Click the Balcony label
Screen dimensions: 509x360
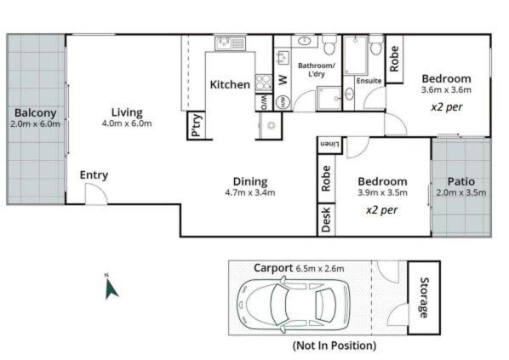pyautogui.click(x=36, y=113)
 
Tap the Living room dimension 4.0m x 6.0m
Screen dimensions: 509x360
pyautogui.click(x=127, y=123)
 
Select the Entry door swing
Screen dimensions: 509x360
pyautogui.click(x=96, y=194)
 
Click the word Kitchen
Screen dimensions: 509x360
pyautogui.click(x=230, y=85)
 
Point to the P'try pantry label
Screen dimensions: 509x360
pyautogui.click(x=197, y=126)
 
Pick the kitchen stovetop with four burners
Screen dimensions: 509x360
pyautogui.click(x=263, y=83)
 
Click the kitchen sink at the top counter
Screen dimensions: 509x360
pyautogui.click(x=231, y=43)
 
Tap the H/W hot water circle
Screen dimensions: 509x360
pyautogui.click(x=282, y=101)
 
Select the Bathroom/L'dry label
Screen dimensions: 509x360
pyautogui.click(x=317, y=70)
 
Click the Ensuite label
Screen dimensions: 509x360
pyautogui.click(x=369, y=81)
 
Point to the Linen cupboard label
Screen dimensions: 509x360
pyautogui.click(x=329, y=144)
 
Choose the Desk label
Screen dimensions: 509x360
pyautogui.click(x=326, y=220)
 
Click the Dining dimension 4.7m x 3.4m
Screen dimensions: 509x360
pyautogui.click(x=250, y=192)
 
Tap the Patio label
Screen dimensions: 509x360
pyautogui.click(x=461, y=181)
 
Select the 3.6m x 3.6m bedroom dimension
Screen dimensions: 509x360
pyautogui.click(x=446, y=90)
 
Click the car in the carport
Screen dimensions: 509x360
pyautogui.click(x=294, y=306)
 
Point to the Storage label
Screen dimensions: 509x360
pyautogui.click(x=423, y=298)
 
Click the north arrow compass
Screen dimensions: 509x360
pyautogui.click(x=111, y=288)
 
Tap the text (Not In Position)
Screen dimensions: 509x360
pyautogui.click(x=335, y=346)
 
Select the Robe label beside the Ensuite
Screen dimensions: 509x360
pyautogui.click(x=394, y=59)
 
